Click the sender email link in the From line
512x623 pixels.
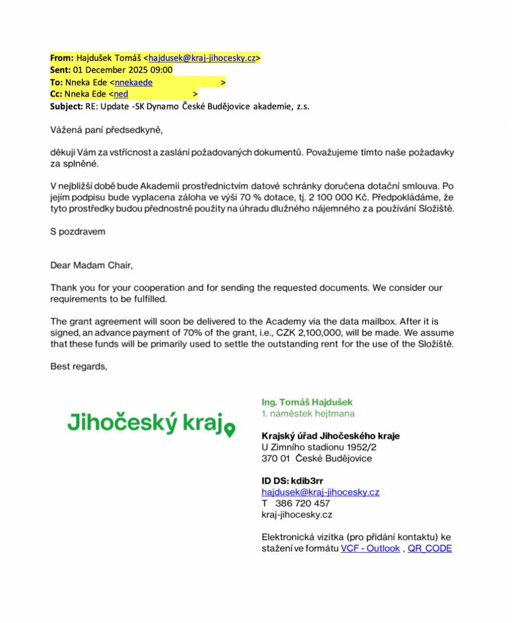[x=202, y=58]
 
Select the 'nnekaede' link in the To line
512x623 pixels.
[x=134, y=82]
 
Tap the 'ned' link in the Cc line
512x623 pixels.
[x=121, y=94]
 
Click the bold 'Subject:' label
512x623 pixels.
[x=66, y=106]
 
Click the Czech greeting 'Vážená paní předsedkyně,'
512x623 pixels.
[x=107, y=130]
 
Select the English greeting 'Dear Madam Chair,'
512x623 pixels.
[x=91, y=265]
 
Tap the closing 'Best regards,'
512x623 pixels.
[x=79, y=366]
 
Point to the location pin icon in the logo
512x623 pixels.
[x=230, y=430]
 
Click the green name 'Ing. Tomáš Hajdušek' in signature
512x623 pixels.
[x=307, y=402]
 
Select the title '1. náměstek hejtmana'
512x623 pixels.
[x=308, y=413]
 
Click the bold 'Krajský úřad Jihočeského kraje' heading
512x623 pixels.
[x=331, y=436]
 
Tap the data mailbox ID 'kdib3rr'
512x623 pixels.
[x=307, y=481]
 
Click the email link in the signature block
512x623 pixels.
[x=320, y=492]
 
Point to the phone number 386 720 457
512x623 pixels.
[x=302, y=503]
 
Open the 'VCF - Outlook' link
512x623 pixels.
[x=370, y=548]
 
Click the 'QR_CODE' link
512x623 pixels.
[x=430, y=548]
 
